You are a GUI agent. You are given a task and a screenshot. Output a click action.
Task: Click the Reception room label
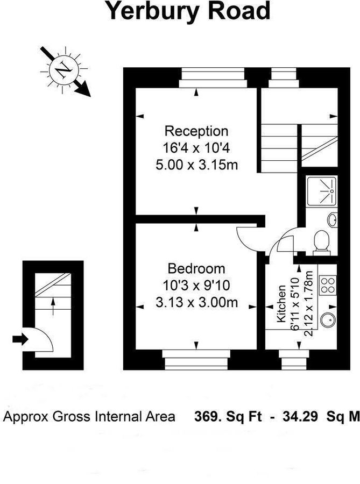pyautogui.click(x=196, y=131)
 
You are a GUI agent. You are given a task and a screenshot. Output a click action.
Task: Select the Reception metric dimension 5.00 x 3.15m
pyautogui.click(x=196, y=164)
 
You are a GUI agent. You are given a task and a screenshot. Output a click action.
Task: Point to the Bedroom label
pyautogui.click(x=196, y=269)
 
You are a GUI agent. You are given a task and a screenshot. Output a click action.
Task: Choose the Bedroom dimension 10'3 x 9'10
pyautogui.click(x=196, y=286)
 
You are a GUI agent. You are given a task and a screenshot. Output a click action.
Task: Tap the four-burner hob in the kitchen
pyautogui.click(x=328, y=286)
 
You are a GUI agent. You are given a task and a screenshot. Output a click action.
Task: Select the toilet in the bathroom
pyautogui.click(x=322, y=241)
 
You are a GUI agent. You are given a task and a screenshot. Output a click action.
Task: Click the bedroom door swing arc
pyautogui.click(x=248, y=239)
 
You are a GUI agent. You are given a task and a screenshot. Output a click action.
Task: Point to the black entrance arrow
pyautogui.click(x=20, y=339)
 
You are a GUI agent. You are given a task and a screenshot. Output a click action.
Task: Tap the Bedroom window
pyautogui.click(x=196, y=360)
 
